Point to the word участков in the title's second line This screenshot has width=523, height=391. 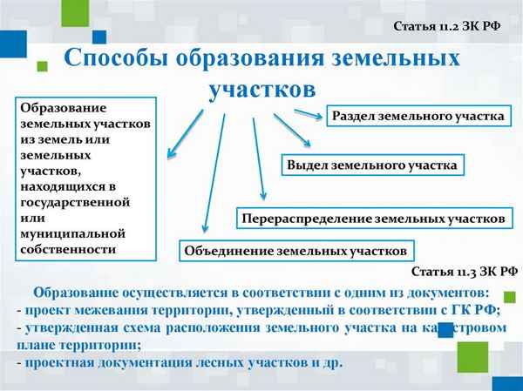261,89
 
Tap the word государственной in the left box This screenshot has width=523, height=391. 75,202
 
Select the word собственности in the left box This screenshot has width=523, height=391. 68,249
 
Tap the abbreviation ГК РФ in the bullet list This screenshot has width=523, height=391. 475,309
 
